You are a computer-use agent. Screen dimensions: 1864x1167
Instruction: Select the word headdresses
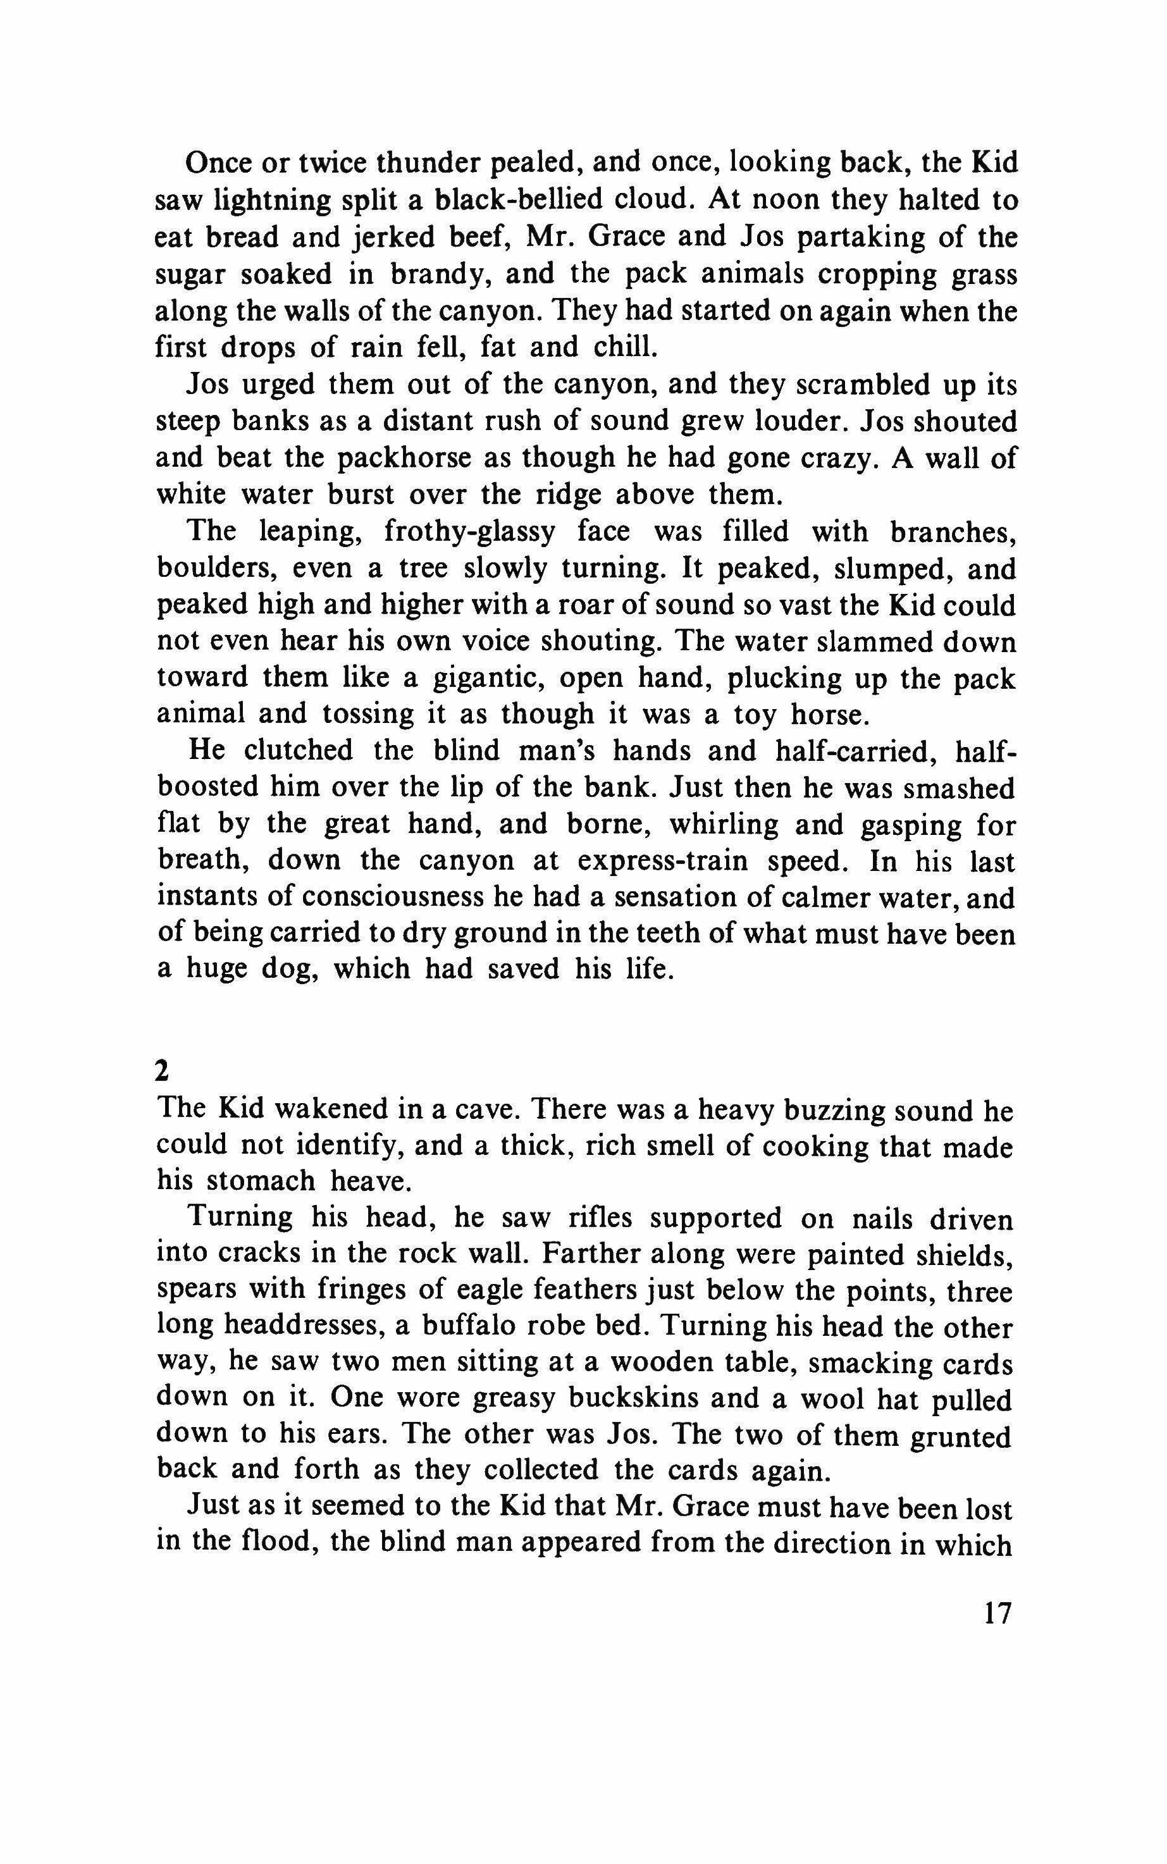[301, 1328]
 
